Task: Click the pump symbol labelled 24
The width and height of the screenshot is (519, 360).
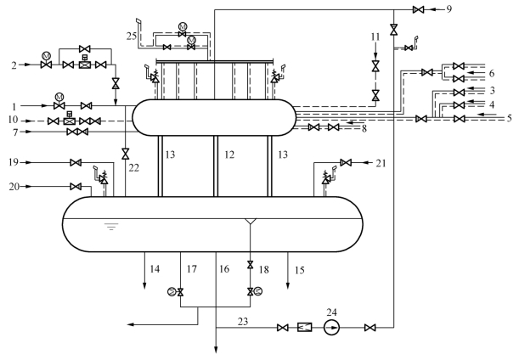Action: click(x=331, y=328)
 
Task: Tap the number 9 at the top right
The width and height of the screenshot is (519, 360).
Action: click(x=448, y=9)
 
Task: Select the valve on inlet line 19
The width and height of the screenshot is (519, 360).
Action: click(x=76, y=162)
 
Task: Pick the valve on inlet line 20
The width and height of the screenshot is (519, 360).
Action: click(x=76, y=187)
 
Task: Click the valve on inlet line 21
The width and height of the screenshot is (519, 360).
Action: click(x=346, y=162)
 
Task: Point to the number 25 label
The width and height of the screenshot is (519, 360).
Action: click(x=132, y=36)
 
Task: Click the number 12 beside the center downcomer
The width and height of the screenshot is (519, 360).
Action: click(x=229, y=155)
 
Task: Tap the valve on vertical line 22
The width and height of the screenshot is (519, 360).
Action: click(x=126, y=154)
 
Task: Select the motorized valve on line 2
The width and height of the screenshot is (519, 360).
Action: click(x=47, y=61)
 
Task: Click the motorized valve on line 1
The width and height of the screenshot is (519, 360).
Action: click(x=59, y=103)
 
